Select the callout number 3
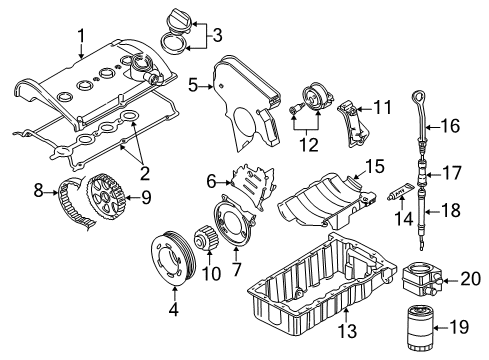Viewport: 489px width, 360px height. click(217, 35)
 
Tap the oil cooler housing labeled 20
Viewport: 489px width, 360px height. click(420, 280)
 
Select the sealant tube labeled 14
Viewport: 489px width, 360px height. click(401, 193)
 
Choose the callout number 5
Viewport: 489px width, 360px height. click(193, 85)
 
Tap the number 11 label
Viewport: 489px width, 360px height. click(382, 108)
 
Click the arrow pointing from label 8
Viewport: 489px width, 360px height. click(52, 192)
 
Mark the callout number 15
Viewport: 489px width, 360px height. click(375, 166)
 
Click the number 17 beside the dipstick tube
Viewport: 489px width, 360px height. click(452, 173)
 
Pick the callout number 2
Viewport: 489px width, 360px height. click(144, 173)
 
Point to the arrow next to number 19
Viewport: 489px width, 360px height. click(442, 328)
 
